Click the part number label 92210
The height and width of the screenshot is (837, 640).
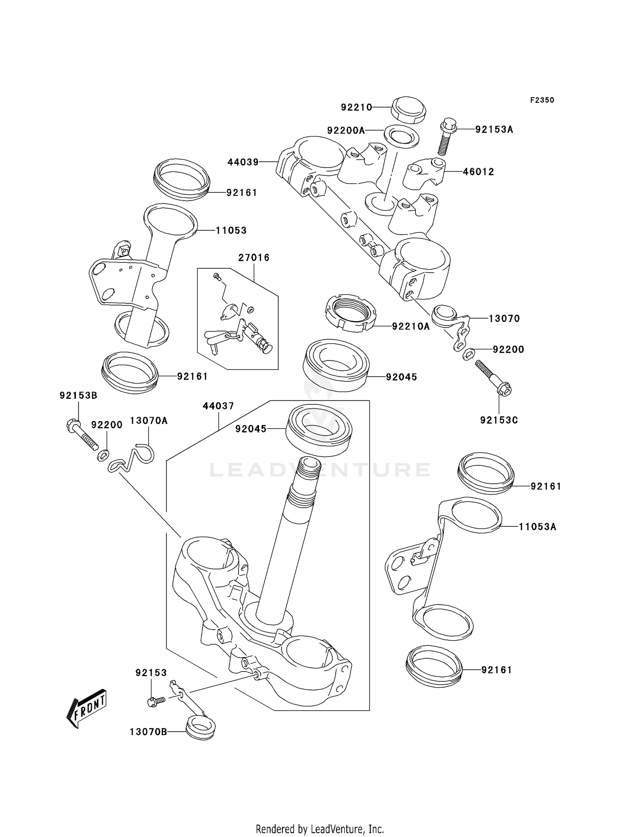(356, 108)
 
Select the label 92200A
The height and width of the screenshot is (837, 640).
(346, 131)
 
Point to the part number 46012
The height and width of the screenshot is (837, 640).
(478, 172)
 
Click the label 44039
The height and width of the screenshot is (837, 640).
(243, 162)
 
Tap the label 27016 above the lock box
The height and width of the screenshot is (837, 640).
(254, 258)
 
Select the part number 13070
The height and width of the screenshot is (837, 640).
(504, 319)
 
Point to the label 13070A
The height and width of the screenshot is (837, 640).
(148, 421)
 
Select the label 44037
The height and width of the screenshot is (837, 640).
(218, 406)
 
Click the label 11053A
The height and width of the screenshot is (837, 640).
(537, 527)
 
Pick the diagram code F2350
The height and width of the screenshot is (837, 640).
(542, 100)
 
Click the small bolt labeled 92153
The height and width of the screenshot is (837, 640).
(157, 701)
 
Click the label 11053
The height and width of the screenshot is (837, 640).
(231, 231)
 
